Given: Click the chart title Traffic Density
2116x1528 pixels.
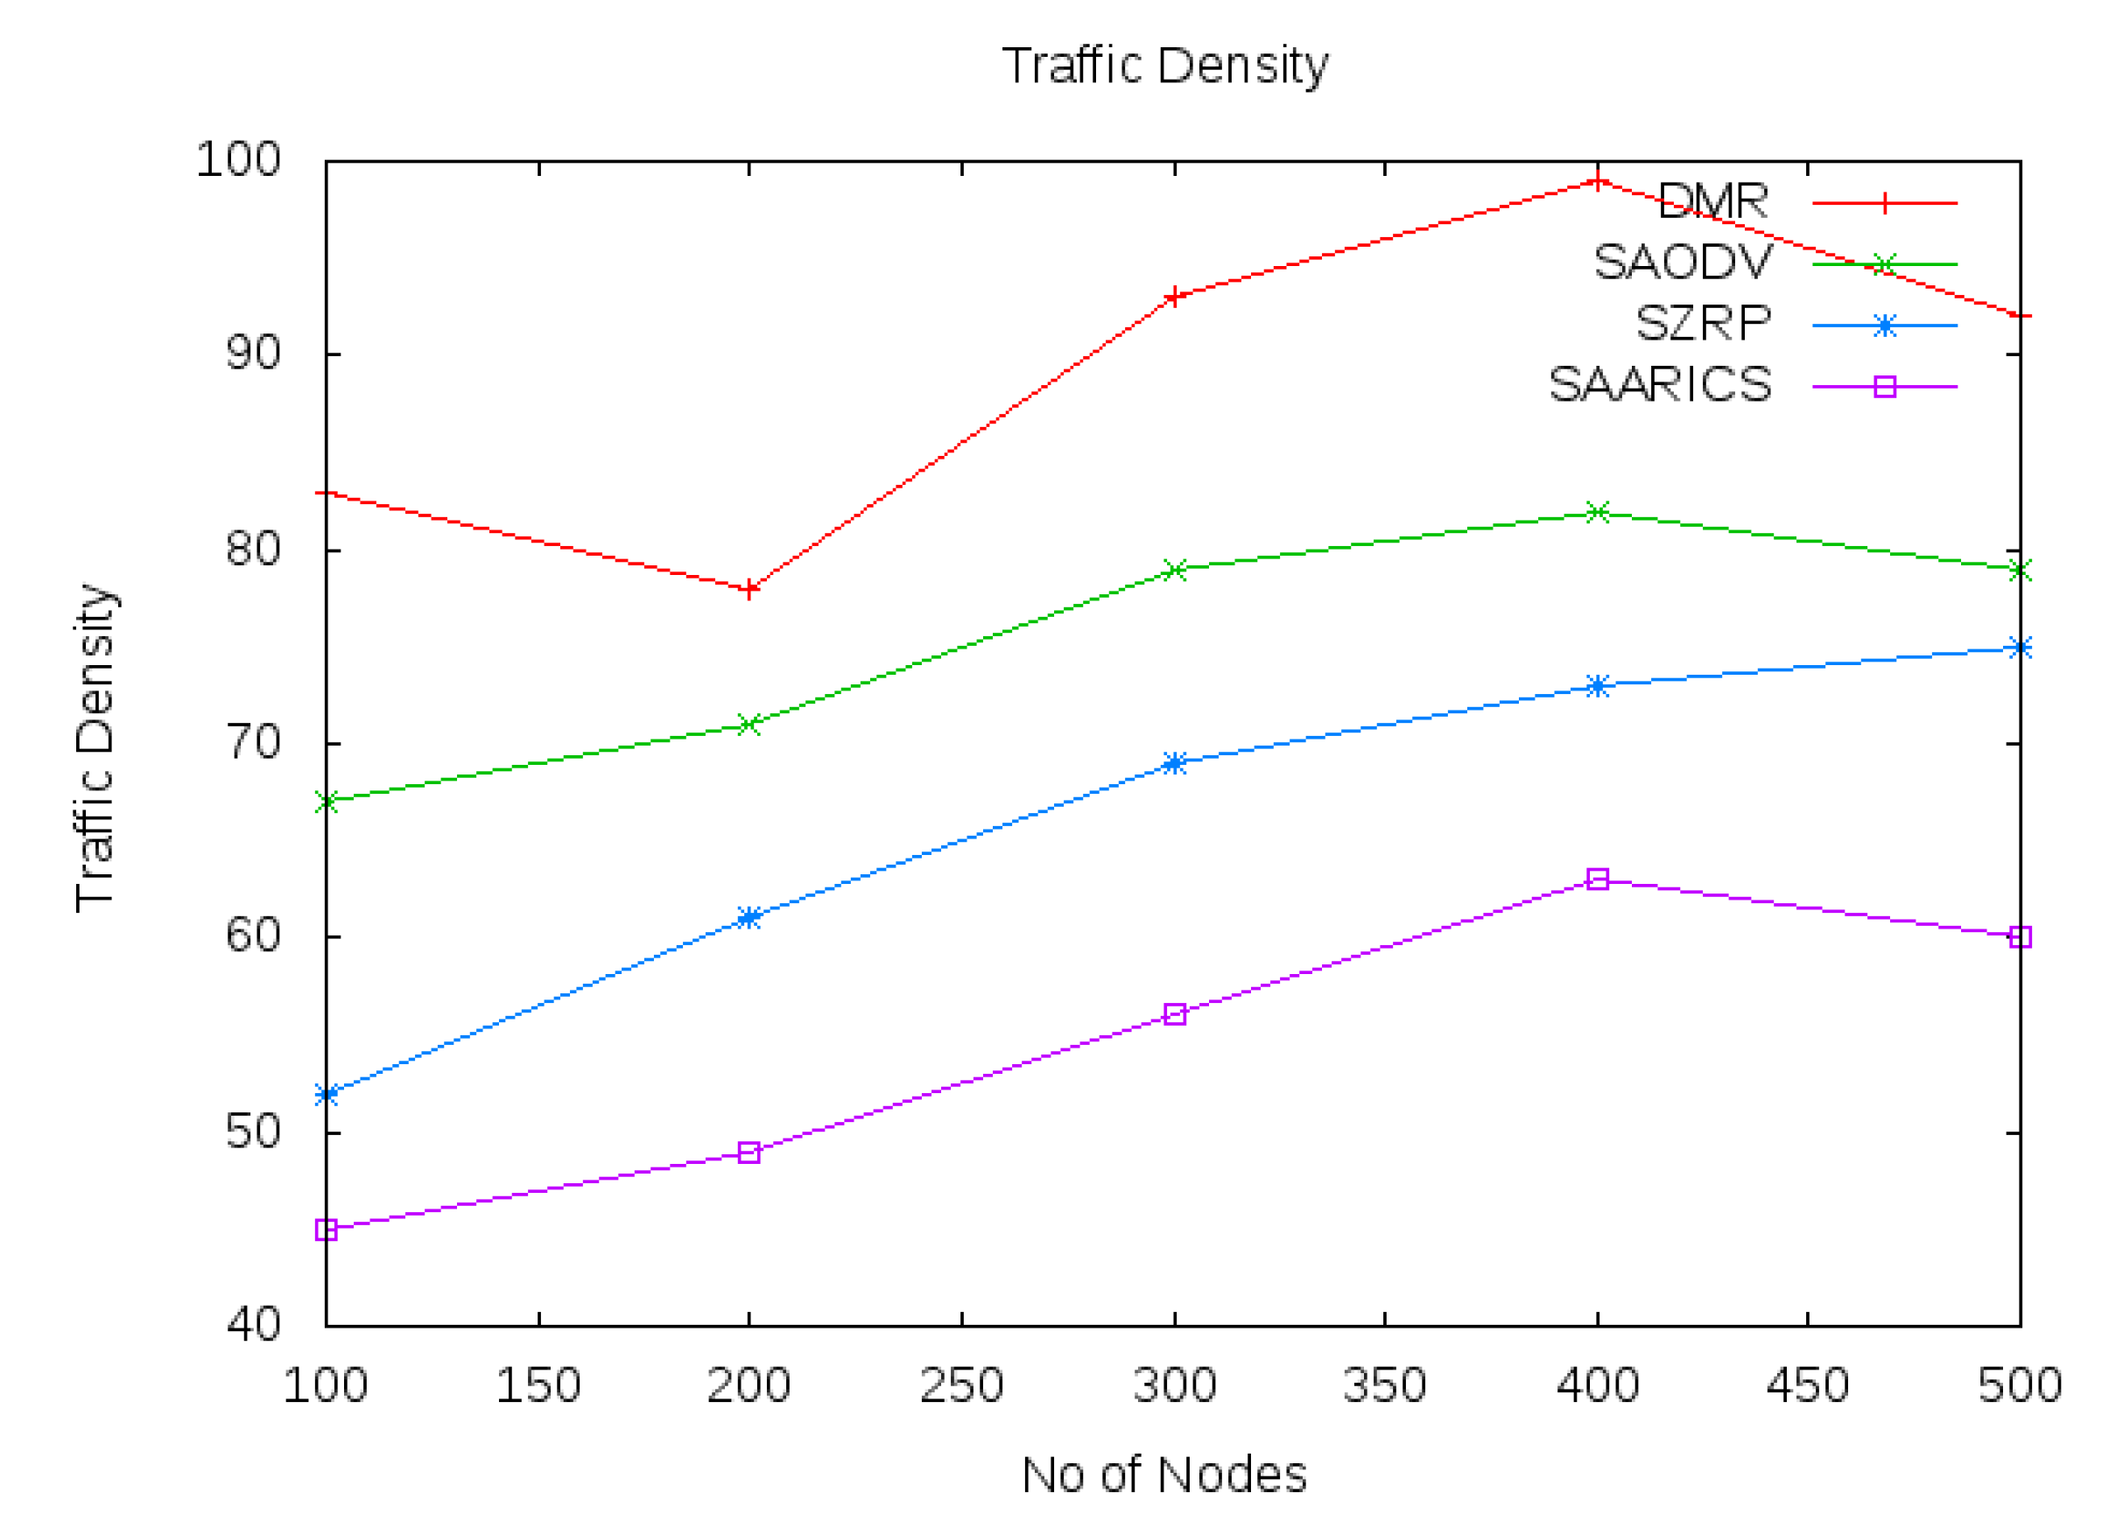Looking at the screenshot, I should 1164,66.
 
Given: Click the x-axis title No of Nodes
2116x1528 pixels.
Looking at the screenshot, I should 1164,1475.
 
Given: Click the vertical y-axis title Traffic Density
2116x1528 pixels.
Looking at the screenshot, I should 95,747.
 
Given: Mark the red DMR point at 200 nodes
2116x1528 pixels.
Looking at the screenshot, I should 749,590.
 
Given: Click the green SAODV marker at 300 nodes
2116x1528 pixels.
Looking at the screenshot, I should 1175,570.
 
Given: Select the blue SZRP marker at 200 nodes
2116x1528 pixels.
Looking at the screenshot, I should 749,917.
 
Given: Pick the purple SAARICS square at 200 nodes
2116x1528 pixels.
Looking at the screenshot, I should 749,1153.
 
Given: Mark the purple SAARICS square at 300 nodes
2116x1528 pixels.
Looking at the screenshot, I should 1175,1014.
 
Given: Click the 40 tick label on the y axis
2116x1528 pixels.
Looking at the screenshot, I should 253,1325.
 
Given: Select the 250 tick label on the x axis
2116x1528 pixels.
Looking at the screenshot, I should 961,1385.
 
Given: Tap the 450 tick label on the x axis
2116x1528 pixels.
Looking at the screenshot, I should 1807,1385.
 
